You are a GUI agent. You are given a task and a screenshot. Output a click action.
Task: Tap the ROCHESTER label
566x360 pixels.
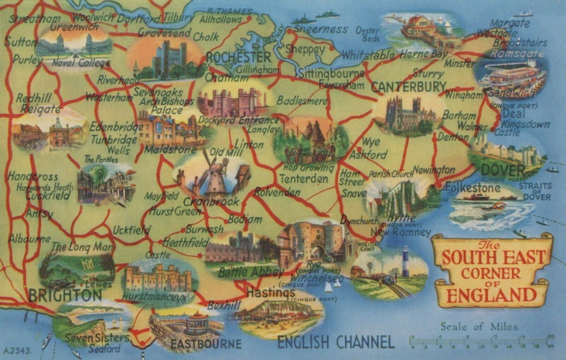(x=238, y=57)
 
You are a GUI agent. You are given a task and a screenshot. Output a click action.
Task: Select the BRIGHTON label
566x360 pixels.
(x=65, y=295)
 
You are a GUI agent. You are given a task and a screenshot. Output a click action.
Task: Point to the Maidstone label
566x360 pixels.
(x=170, y=150)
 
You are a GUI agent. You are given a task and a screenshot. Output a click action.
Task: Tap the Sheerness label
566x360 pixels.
(x=321, y=29)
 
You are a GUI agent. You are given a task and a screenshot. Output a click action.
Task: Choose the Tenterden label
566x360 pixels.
(x=303, y=178)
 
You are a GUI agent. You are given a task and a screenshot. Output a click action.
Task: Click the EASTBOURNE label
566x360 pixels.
(x=206, y=343)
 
